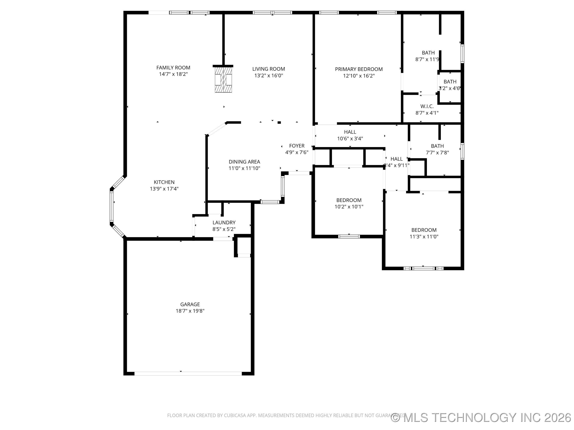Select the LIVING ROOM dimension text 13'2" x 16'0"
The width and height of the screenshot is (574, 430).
point(269,75)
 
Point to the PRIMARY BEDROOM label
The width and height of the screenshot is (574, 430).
point(359,69)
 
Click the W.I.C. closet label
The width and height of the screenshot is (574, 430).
point(427,106)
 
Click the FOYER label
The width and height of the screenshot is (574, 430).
point(297,146)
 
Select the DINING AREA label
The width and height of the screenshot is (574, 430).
point(244,162)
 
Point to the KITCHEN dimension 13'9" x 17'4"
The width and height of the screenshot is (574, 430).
point(164,189)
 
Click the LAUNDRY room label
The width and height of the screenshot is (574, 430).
point(224,222)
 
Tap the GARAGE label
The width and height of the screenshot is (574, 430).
point(190,304)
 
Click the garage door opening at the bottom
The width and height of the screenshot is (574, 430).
point(188,373)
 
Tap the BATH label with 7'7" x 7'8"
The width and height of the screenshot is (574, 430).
point(437,146)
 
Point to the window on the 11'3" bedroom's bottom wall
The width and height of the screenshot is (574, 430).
point(424,268)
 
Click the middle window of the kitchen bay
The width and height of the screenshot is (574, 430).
point(112,206)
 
